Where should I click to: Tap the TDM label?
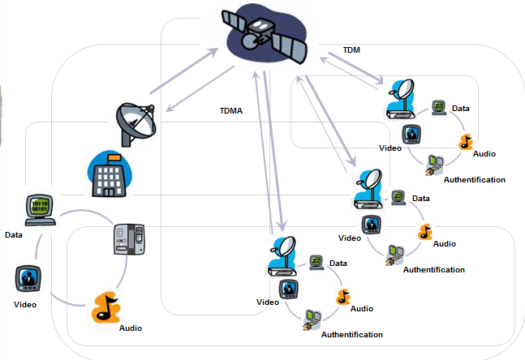click(x=351, y=49)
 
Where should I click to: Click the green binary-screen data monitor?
click(x=38, y=209)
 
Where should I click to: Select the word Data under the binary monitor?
click(x=14, y=235)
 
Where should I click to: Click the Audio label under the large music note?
click(x=131, y=328)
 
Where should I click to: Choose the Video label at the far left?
click(x=25, y=305)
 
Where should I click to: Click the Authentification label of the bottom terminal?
click(x=352, y=334)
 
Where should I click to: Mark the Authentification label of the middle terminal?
click(x=434, y=269)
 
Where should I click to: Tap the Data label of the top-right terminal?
click(x=461, y=108)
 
